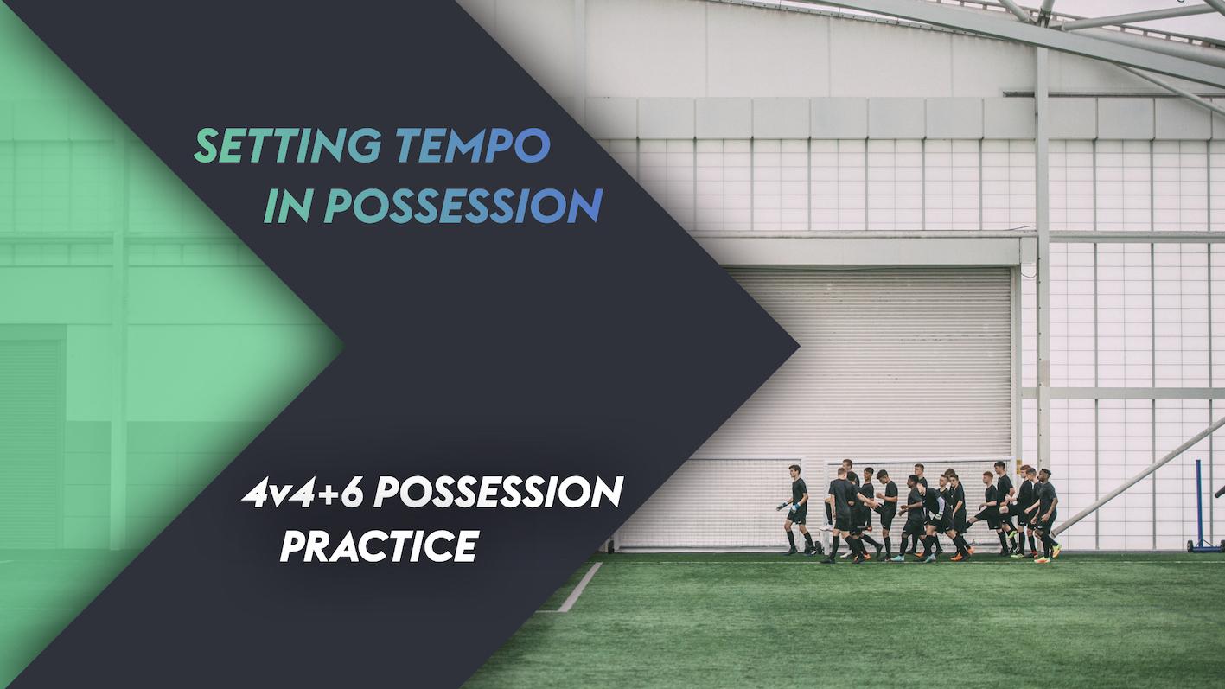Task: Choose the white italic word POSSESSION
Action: (499, 494)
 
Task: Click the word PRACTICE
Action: (379, 545)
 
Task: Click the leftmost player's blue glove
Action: (782, 507)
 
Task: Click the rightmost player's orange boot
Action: (1056, 551)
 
